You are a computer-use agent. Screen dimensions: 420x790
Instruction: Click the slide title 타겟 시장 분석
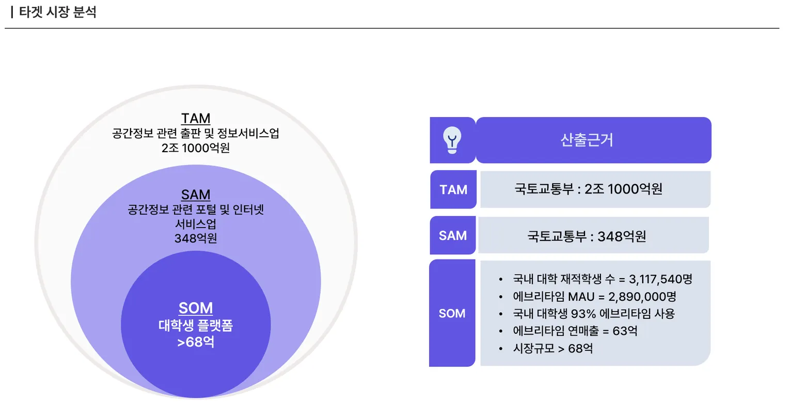(x=57, y=12)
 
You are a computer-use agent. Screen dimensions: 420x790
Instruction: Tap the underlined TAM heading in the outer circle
(x=196, y=118)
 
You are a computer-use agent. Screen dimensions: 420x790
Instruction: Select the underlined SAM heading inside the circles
(x=196, y=195)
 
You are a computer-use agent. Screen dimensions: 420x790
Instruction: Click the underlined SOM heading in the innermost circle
(x=196, y=308)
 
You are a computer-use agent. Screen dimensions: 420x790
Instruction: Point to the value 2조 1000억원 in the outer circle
(x=196, y=148)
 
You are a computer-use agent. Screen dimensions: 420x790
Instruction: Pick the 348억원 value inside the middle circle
(x=196, y=238)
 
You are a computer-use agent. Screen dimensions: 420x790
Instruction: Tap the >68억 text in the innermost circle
(x=196, y=342)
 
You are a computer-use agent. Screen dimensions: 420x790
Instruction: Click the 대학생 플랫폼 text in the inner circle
(x=196, y=326)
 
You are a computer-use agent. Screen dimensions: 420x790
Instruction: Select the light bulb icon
(x=452, y=140)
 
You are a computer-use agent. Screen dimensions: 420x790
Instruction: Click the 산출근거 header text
(x=587, y=140)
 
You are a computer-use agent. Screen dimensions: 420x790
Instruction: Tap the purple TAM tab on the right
(x=453, y=190)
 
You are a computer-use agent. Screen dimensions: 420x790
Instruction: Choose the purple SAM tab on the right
(x=453, y=236)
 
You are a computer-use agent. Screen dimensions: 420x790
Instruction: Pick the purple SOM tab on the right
(x=452, y=313)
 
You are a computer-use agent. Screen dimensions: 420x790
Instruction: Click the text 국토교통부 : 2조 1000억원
(x=588, y=189)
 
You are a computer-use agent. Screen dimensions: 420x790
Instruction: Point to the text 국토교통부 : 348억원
(x=587, y=236)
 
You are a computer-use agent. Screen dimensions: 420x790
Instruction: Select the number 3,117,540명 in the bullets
(x=660, y=279)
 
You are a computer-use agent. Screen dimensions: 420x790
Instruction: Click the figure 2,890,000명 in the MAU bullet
(x=642, y=297)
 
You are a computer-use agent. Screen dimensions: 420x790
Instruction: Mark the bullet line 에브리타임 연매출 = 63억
(x=575, y=331)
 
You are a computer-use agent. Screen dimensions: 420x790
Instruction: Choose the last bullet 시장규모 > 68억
(x=552, y=348)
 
